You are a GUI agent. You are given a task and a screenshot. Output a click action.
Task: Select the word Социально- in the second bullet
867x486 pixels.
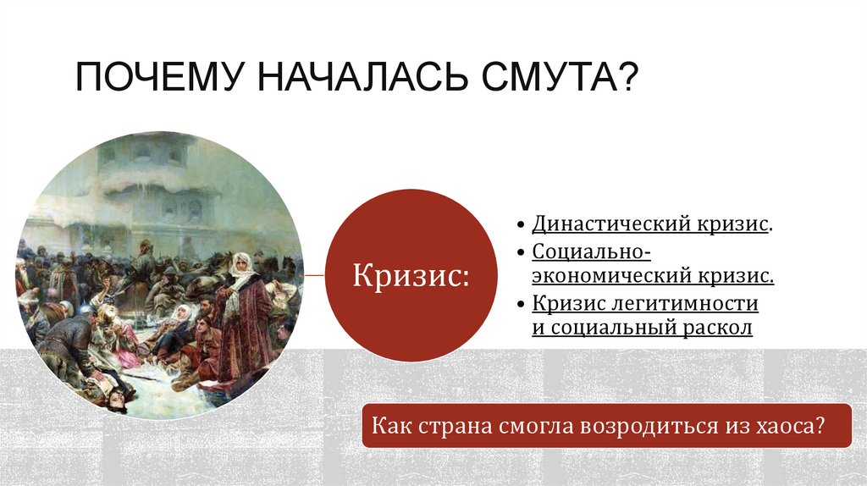[x=591, y=251]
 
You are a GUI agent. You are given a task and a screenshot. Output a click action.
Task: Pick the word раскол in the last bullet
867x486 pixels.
[x=719, y=328]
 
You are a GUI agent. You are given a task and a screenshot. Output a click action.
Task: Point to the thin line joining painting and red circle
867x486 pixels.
[x=313, y=275]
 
